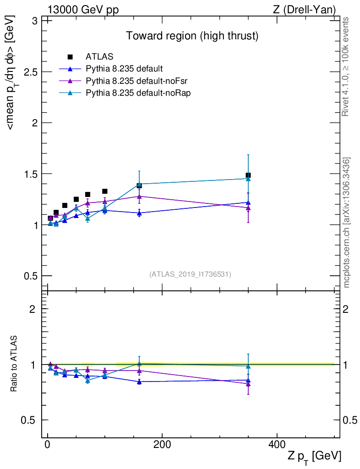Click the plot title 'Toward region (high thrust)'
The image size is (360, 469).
click(192, 36)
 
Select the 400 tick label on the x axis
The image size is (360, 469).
click(277, 445)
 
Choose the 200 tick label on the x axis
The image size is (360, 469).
click(162, 445)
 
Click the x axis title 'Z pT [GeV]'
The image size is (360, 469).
click(314, 456)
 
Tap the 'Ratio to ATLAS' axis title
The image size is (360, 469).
click(14, 364)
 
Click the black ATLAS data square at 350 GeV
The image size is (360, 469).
click(248, 175)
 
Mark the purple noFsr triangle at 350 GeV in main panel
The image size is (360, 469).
click(248, 208)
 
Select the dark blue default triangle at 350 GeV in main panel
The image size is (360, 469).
click(248, 202)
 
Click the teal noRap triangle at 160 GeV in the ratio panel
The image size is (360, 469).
click(139, 364)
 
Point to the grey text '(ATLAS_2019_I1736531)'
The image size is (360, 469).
click(190, 274)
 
